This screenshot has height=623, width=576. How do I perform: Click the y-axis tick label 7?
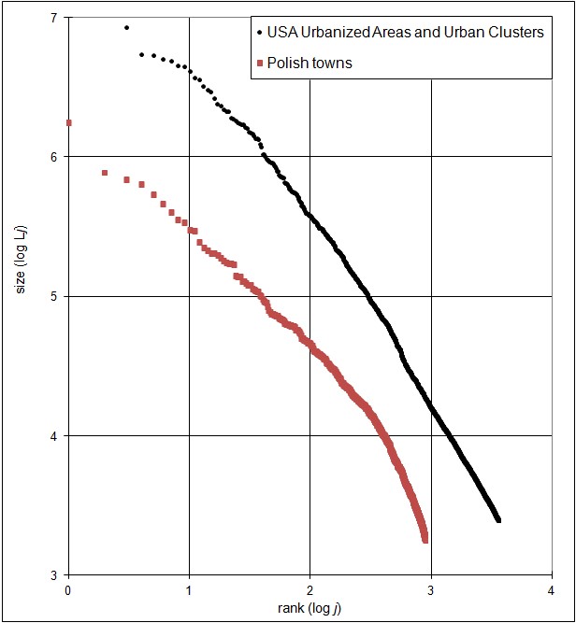54,18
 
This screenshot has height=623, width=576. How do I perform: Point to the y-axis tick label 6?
54,157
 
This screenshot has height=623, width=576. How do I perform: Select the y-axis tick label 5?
54,296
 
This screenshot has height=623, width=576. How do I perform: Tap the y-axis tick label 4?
54,435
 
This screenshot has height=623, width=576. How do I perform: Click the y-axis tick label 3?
54,574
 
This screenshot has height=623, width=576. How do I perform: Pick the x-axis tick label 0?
68,590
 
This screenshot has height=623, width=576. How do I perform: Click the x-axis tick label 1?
189,590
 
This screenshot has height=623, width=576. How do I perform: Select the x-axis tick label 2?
310,590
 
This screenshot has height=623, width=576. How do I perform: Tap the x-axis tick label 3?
431,590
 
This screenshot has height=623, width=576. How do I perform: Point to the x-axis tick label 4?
552,590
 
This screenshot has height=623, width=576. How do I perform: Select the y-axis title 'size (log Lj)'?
22,296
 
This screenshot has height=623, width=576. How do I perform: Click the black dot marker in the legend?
259,33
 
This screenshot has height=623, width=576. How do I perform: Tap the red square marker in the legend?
259,64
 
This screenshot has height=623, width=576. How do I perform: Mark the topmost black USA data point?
126,28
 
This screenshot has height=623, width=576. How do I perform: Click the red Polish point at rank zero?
68,122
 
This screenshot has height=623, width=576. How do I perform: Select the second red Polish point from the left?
105,173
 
